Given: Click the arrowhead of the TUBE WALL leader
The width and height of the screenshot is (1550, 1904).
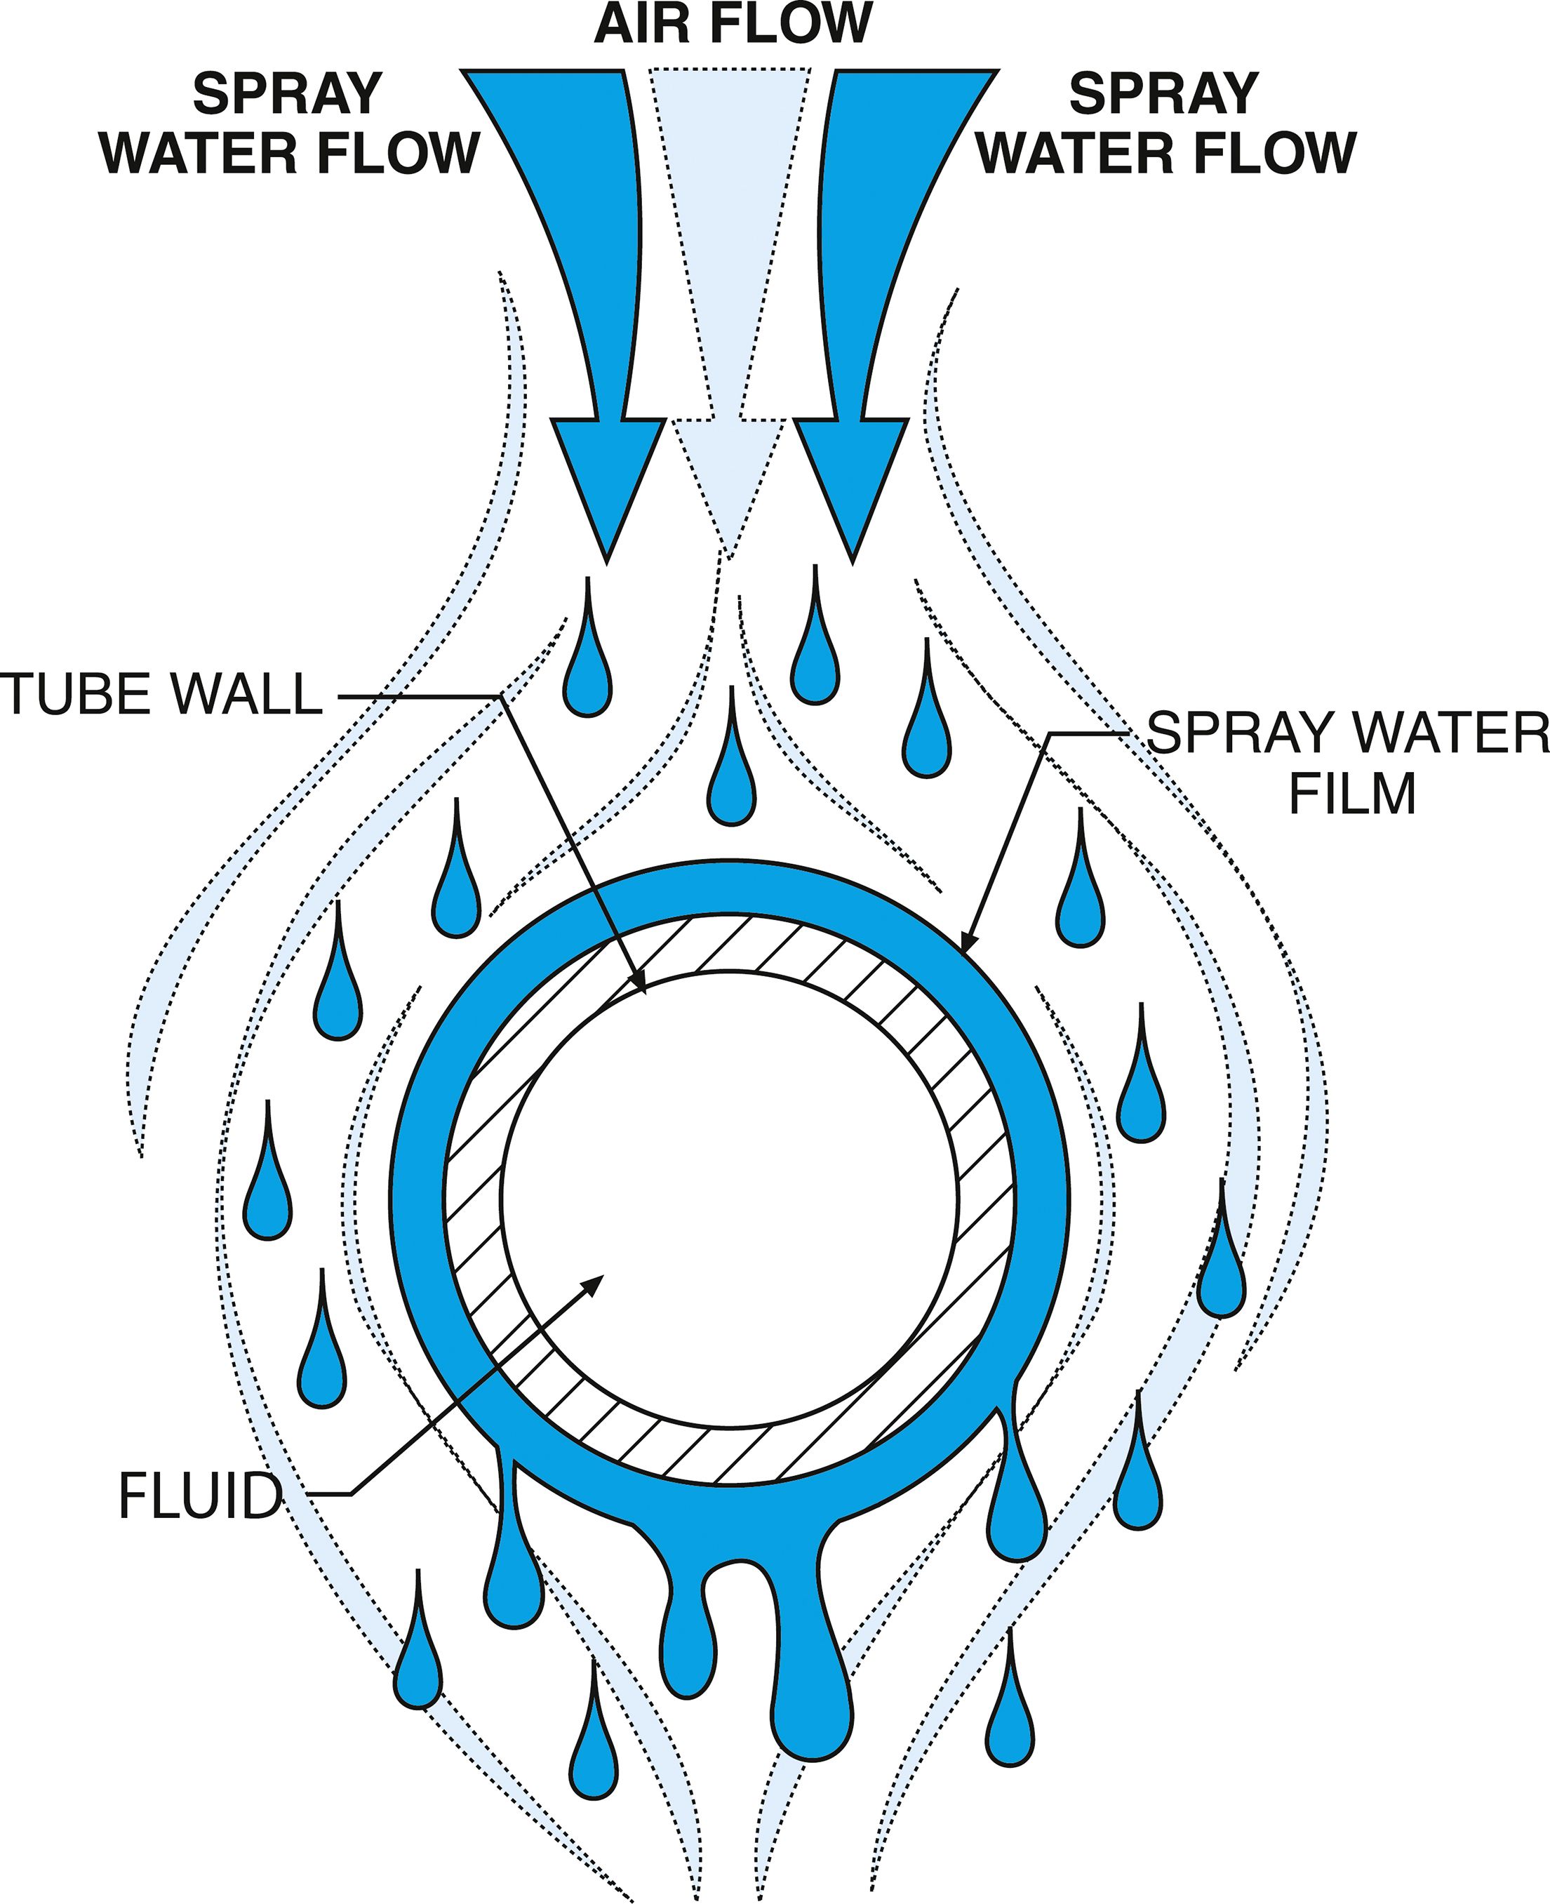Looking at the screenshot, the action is click(636, 983).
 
